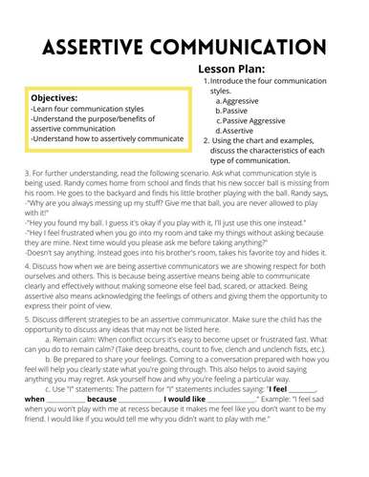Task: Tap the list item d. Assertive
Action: (240, 131)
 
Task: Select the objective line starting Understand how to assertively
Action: (105, 137)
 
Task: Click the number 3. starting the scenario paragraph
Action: (27, 173)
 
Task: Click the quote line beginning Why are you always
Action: (143, 203)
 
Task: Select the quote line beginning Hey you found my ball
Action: (143, 222)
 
